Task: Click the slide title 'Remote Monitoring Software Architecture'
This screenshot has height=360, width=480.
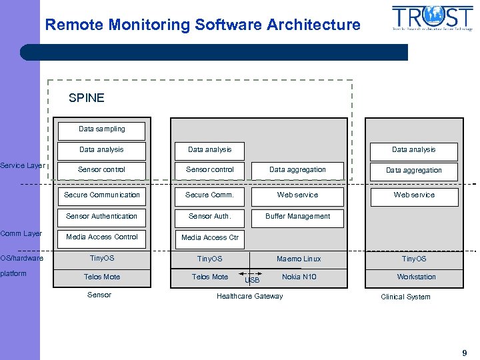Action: click(203, 25)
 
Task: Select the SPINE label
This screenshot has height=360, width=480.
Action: click(87, 98)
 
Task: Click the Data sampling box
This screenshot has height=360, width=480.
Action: click(101, 129)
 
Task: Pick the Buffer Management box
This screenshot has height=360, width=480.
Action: click(297, 217)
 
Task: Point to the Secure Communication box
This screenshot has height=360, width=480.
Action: click(102, 195)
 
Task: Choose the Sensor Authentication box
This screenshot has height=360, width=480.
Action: click(101, 217)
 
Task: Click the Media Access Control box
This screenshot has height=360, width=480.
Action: click(101, 237)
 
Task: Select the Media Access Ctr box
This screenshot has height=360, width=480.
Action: click(209, 238)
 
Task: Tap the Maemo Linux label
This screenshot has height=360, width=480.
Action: click(299, 259)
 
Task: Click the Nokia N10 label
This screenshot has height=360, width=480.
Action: click(299, 277)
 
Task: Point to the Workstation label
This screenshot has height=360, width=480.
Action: click(416, 277)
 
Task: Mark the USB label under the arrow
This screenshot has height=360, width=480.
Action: click(252, 281)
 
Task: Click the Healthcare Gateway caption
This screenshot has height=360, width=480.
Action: click(249, 297)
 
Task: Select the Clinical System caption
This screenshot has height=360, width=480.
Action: click(405, 297)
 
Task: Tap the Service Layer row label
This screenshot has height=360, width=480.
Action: click(22, 165)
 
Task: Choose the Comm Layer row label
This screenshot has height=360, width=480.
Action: click(21, 233)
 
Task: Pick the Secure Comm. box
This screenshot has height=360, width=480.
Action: click(209, 195)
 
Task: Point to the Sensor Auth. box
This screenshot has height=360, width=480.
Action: click(209, 217)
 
